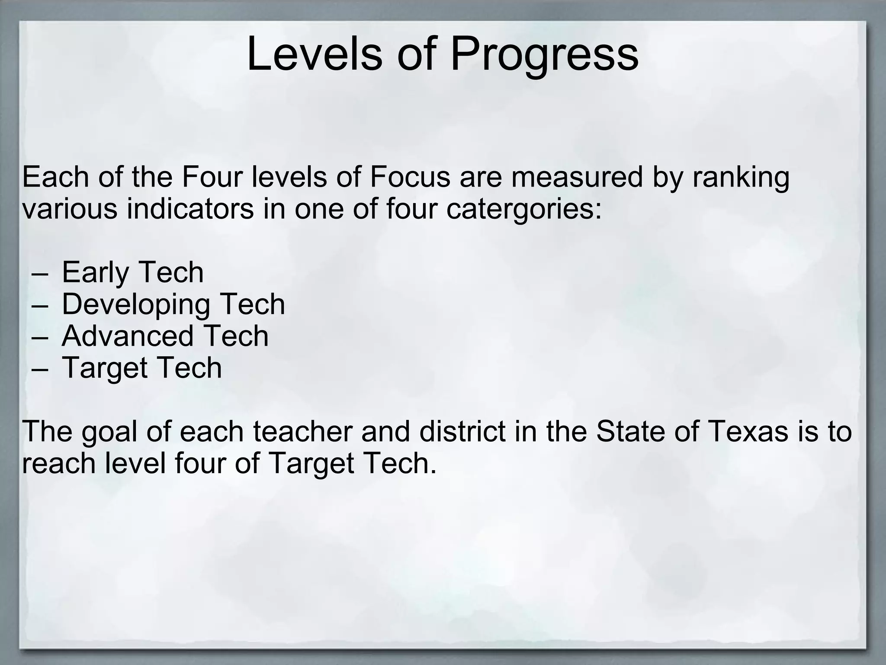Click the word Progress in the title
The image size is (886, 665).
pos(544,55)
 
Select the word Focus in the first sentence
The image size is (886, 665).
pos(410,178)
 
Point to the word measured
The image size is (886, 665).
pos(577,178)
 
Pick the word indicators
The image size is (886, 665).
pos(190,209)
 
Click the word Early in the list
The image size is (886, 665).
pos(96,273)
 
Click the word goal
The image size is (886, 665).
pos(109,433)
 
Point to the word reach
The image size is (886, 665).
pos(59,463)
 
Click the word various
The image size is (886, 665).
pos(69,209)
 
